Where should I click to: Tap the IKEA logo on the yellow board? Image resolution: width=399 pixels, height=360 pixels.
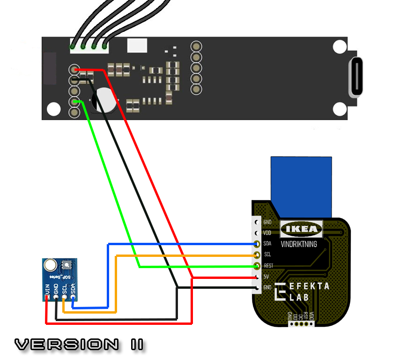(x=302, y=229)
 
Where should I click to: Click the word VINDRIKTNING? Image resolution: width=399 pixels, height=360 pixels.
(x=298, y=244)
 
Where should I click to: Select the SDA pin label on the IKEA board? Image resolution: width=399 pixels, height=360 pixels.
(x=267, y=244)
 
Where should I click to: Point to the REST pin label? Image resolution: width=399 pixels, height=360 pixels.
(x=268, y=266)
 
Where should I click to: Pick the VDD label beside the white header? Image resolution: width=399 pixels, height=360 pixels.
(x=267, y=233)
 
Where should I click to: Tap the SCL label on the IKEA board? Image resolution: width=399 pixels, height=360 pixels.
(x=267, y=255)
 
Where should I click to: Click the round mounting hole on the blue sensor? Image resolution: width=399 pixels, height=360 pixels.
(x=50, y=266)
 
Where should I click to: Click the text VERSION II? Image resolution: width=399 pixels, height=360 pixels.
(x=79, y=345)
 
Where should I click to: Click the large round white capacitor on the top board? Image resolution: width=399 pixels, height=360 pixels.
(x=104, y=100)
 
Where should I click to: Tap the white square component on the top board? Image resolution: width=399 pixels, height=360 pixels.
(x=137, y=45)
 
